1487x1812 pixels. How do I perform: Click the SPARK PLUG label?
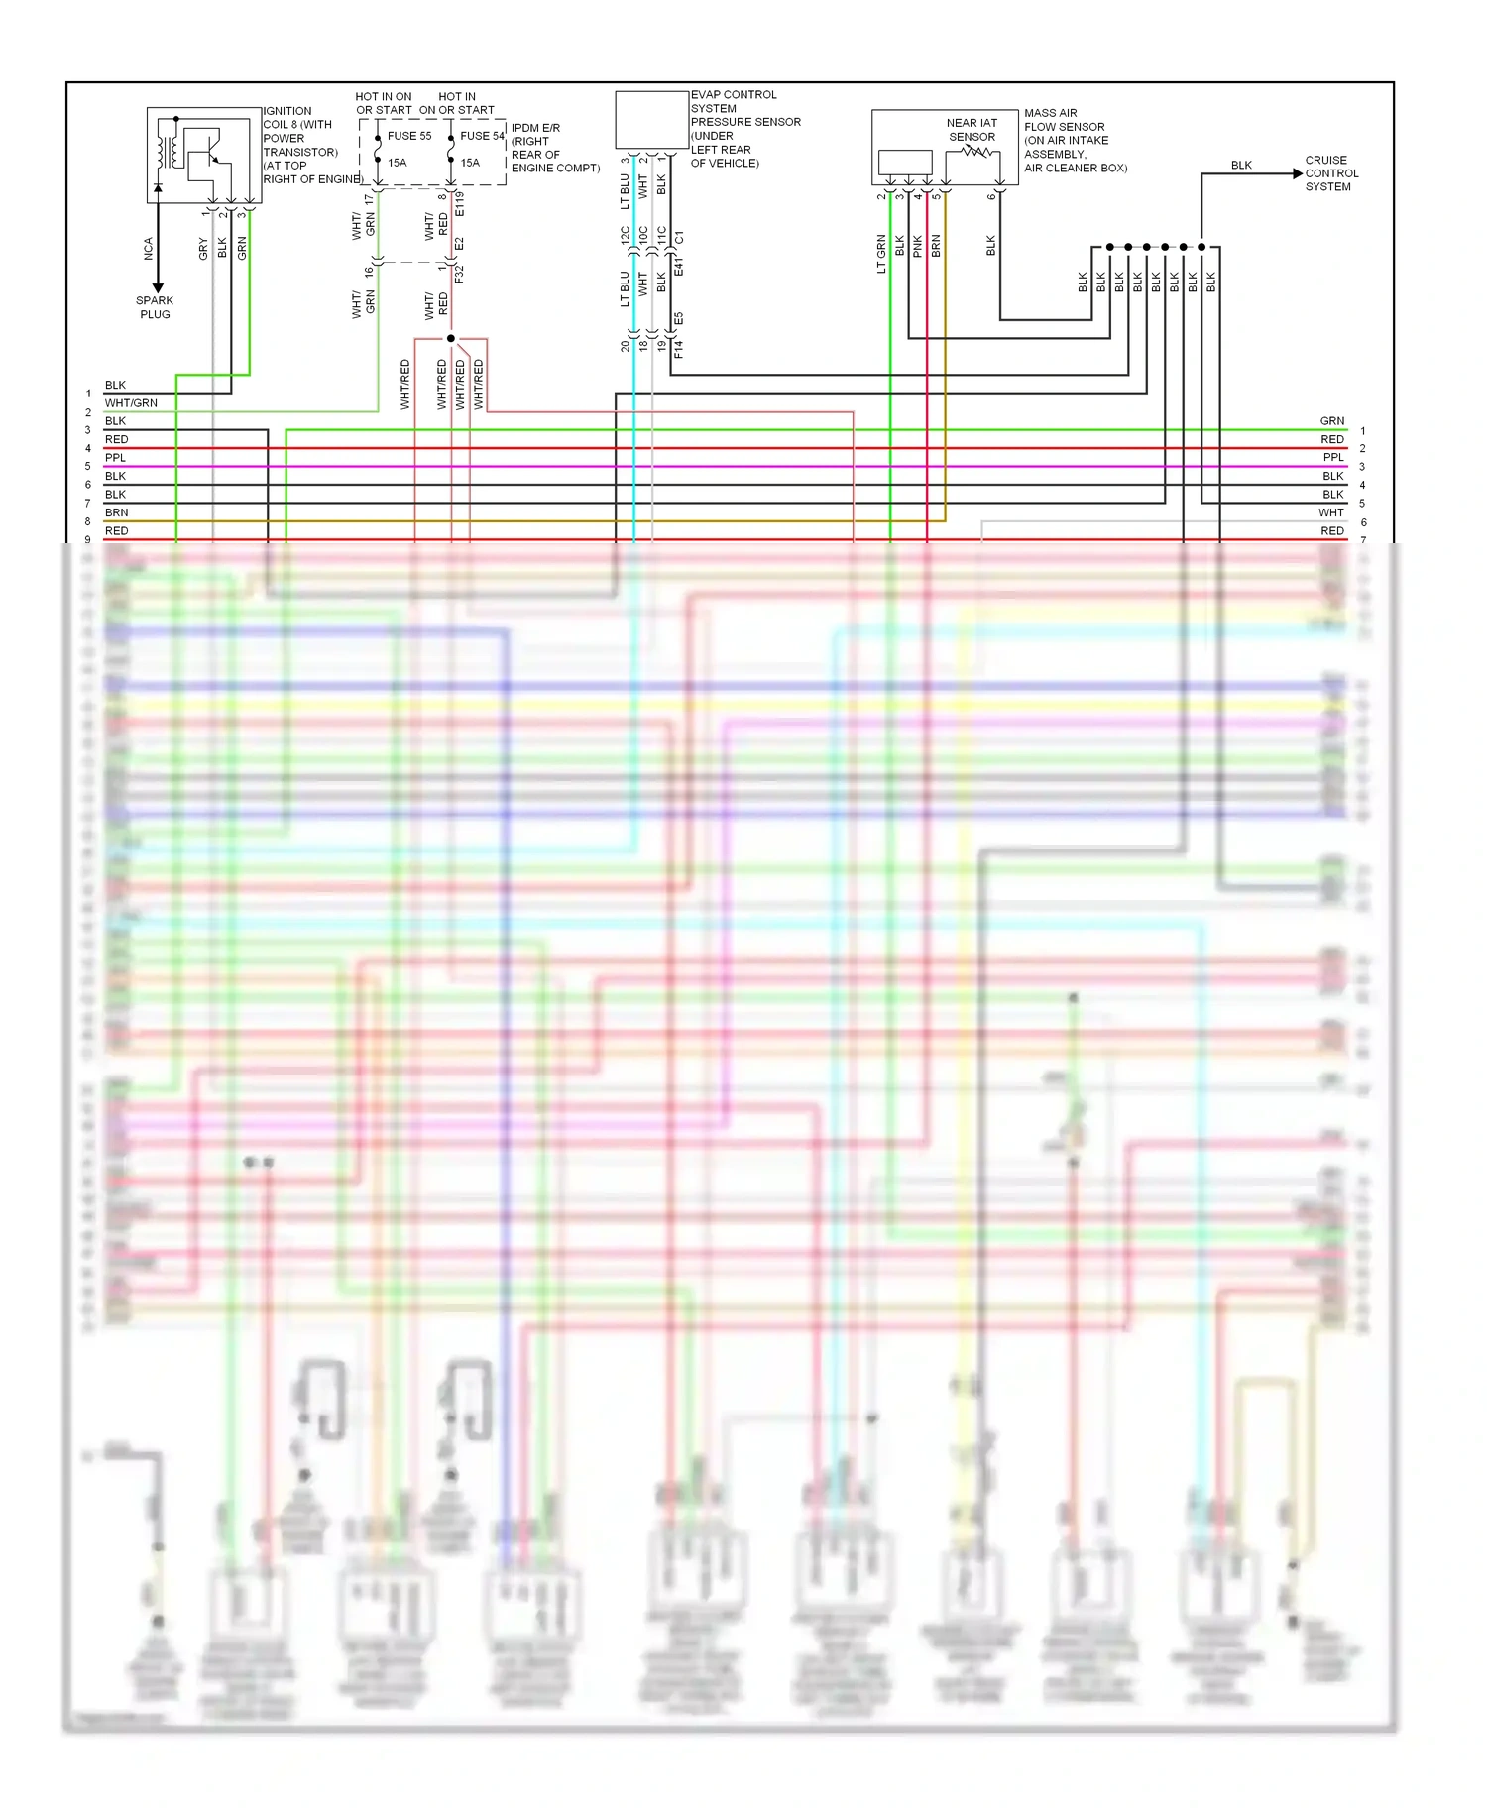coord(155,307)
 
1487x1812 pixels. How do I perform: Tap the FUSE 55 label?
coord(409,136)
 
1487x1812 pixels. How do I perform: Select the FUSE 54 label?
coord(482,136)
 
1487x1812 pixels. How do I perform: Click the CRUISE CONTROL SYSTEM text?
coord(1330,173)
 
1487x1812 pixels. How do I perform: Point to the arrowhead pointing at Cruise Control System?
coord(1298,173)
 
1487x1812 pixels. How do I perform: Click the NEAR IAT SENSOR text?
coord(972,130)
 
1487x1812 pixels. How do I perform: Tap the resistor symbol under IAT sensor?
coord(977,152)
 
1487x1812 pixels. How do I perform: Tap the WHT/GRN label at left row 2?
coord(131,403)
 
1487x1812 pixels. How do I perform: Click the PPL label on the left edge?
coord(115,458)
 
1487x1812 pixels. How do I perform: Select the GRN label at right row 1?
coord(1331,421)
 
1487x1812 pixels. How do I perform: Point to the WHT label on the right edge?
coord(1330,512)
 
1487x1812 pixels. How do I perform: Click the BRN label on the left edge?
coord(116,512)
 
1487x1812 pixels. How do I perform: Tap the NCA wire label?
coord(149,248)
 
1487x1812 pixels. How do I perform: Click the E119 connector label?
coord(460,204)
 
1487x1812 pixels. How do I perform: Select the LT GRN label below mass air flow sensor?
coord(881,254)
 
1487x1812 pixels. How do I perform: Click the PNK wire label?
coord(918,246)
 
